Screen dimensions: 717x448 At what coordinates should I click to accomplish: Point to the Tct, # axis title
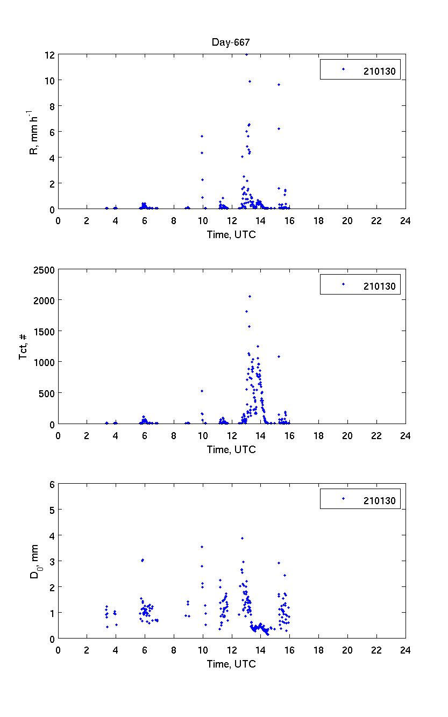click(25, 347)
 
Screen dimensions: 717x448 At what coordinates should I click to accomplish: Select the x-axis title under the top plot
click(231, 234)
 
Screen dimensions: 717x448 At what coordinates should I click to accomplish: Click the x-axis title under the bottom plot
click(231, 664)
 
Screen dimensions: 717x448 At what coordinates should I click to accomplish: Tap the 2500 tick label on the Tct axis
click(45, 270)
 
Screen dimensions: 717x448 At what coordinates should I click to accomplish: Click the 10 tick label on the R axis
click(48, 80)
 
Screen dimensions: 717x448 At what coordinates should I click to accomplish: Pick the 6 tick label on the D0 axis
click(52, 484)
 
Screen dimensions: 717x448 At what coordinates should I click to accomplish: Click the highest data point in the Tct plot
click(250, 296)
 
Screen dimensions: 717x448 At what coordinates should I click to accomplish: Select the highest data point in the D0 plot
click(242, 538)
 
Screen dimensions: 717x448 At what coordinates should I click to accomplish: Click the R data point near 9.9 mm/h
click(250, 81)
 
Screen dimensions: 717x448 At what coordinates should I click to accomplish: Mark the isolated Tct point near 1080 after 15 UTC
click(279, 356)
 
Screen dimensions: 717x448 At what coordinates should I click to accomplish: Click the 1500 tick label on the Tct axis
click(45, 332)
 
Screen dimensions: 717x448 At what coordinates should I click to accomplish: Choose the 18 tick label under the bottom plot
click(318, 650)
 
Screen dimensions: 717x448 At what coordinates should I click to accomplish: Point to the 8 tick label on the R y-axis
click(51, 106)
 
